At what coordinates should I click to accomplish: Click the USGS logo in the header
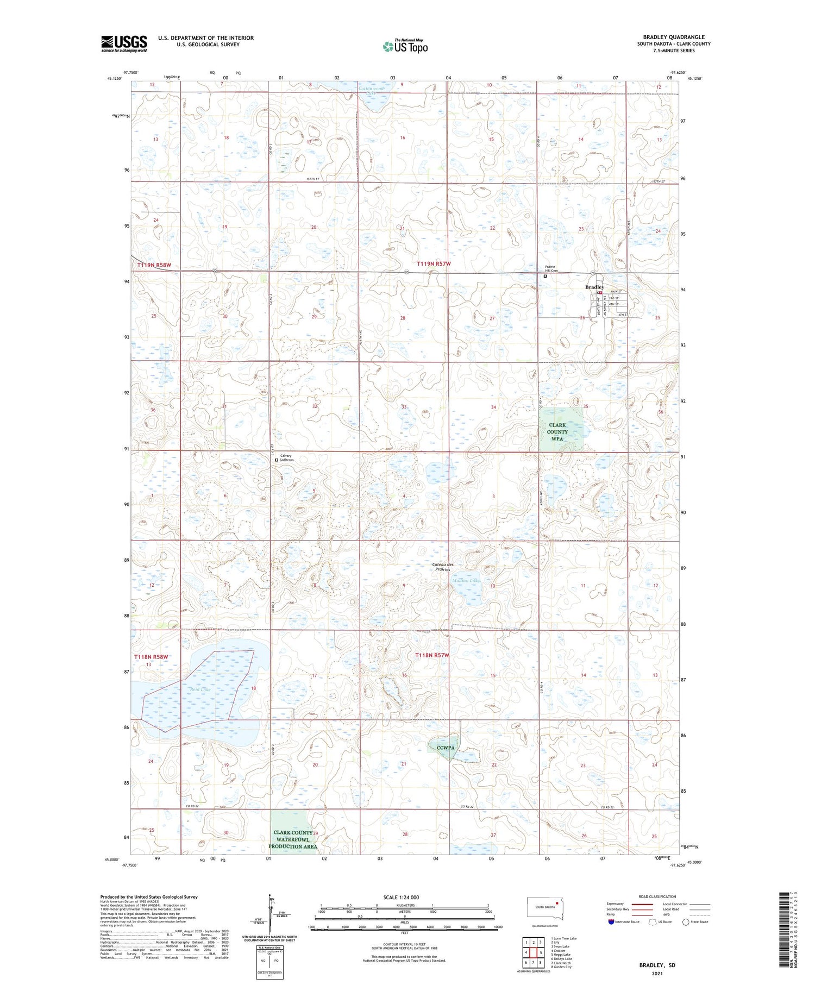[124, 43]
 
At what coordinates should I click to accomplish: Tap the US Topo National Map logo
[405, 46]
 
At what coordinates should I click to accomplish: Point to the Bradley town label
[594, 287]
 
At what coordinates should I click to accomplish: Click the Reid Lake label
[200, 689]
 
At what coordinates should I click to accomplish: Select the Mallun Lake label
[466, 581]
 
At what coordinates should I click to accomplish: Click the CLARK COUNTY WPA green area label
[557, 432]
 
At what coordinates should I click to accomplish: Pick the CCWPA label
[446, 748]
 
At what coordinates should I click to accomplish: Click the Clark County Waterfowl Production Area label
[293, 839]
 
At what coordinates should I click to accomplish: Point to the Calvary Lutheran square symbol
[277, 460]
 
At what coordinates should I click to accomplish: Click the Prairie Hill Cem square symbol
[546, 276]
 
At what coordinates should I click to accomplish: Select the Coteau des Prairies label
[442, 567]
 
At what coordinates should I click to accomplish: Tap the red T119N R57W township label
[434, 263]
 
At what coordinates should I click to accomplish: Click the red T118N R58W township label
[151, 657]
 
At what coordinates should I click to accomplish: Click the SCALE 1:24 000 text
[401, 897]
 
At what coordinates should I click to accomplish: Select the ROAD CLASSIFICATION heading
[657, 896]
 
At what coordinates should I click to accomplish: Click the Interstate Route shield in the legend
[611, 921]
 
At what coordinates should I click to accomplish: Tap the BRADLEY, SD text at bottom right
[657, 965]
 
